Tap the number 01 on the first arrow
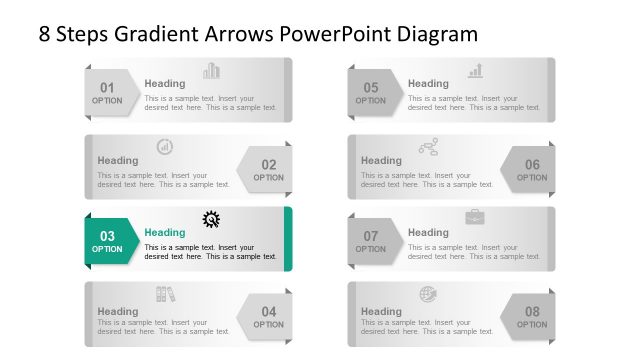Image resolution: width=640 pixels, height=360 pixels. click(x=107, y=87)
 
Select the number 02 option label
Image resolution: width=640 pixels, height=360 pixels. click(x=268, y=164)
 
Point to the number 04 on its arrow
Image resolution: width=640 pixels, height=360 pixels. click(x=268, y=311)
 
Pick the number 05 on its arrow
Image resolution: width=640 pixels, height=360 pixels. click(x=370, y=87)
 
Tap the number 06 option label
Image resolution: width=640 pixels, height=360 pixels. click(x=532, y=164)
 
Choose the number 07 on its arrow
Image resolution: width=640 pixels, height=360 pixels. click(x=370, y=236)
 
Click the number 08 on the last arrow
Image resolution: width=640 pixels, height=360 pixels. click(x=532, y=311)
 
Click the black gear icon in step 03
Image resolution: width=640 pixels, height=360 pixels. click(x=211, y=219)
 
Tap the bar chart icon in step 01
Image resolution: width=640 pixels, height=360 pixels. click(x=211, y=71)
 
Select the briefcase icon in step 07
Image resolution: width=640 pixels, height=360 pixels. click(x=475, y=217)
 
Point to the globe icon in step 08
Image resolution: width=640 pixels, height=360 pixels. click(x=428, y=294)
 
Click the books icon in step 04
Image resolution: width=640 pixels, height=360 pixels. click(x=165, y=294)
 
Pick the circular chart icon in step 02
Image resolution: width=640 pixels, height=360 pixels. click(x=165, y=147)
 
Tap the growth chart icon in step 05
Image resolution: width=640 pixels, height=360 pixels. click(x=475, y=71)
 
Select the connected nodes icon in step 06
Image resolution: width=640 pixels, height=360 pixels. click(x=428, y=147)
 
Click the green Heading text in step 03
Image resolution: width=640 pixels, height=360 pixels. click(x=165, y=232)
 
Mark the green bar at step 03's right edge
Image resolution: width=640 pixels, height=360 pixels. click(x=288, y=238)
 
